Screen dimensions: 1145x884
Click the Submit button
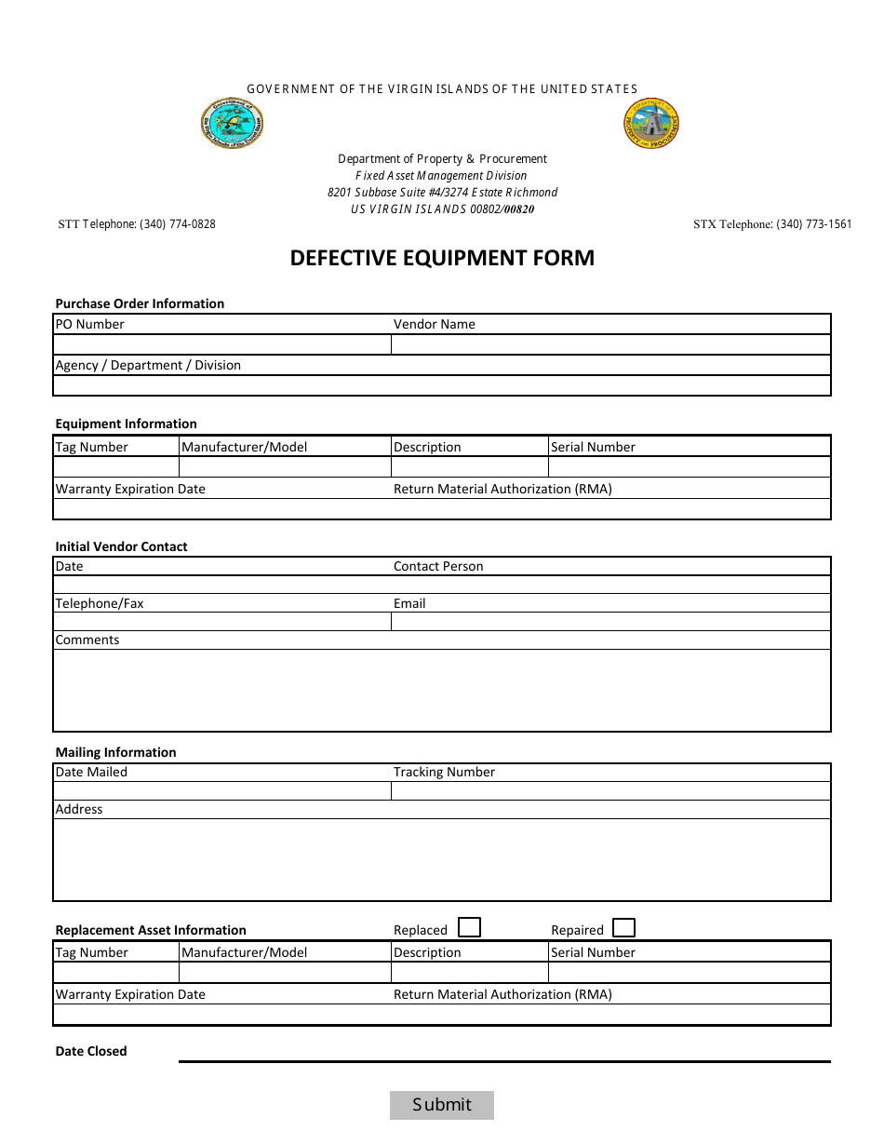441,1105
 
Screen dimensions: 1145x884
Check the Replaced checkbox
470,928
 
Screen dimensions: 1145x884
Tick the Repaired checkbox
624,928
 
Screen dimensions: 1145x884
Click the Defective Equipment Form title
442,258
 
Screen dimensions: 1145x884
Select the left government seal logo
233,124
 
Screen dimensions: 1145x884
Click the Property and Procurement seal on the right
651,123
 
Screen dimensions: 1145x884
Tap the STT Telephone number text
137,224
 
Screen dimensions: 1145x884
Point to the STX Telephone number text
772,224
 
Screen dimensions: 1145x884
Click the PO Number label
89,325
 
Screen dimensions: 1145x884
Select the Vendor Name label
434,325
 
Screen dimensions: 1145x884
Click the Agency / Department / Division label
148,366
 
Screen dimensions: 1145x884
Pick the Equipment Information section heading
126,424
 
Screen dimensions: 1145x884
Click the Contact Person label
438,567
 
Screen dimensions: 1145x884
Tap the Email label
409,604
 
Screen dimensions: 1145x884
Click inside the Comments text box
441,690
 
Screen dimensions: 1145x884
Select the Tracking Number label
444,773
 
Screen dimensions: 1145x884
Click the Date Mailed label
91,773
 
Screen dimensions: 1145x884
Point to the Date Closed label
91,1052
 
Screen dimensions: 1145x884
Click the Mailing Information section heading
115,753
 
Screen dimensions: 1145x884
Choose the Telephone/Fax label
100,604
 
